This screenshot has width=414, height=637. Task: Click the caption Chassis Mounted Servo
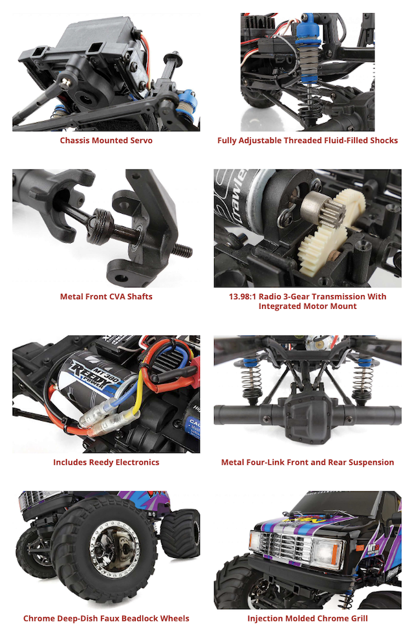[x=106, y=140]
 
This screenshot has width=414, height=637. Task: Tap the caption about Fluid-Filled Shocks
[x=307, y=140]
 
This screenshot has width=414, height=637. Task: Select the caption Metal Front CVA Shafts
[x=106, y=297]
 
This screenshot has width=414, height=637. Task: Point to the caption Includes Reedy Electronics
[x=106, y=462]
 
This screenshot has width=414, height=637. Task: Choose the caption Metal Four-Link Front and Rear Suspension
[x=307, y=462]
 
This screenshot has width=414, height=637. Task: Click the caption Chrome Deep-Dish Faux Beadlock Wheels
[x=106, y=618]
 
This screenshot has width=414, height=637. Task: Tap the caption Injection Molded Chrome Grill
[x=307, y=618]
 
